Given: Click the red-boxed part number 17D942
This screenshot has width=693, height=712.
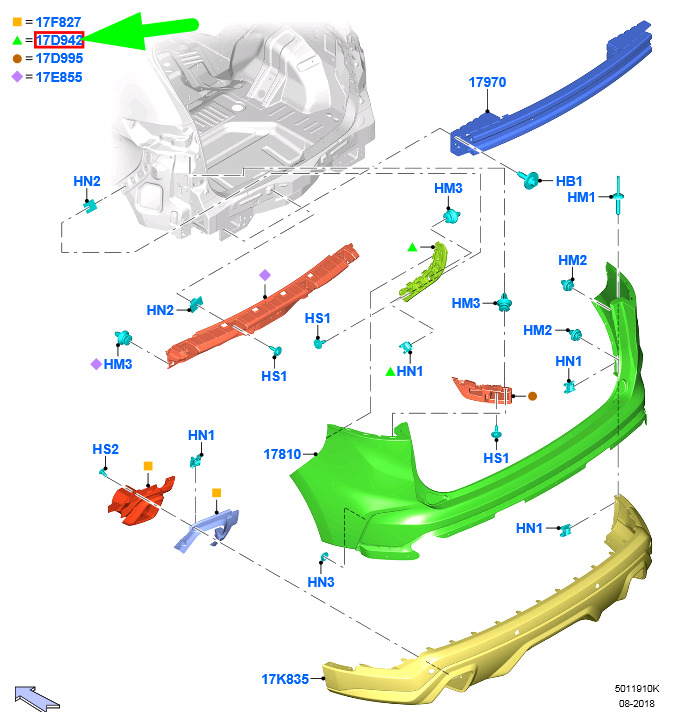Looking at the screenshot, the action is pyautogui.click(x=59, y=40).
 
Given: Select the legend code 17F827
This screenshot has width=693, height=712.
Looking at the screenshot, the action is pyautogui.click(x=58, y=22).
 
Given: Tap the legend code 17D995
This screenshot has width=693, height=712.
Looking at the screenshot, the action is pyautogui.click(x=59, y=58).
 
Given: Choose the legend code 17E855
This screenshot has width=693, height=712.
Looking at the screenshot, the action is pyautogui.click(x=59, y=77).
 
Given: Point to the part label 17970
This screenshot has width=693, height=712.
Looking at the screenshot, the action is pyautogui.click(x=487, y=82).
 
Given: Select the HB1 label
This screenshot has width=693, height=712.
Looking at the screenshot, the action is pyautogui.click(x=569, y=181).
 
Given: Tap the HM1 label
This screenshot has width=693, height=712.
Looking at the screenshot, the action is pyautogui.click(x=581, y=197).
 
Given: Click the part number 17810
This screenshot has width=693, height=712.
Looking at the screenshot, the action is pyautogui.click(x=282, y=454).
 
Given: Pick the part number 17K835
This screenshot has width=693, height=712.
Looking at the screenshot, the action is pyautogui.click(x=285, y=679).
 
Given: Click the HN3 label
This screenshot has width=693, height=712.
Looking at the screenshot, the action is pyautogui.click(x=321, y=582).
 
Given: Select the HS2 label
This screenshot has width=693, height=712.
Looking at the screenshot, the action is pyautogui.click(x=105, y=449).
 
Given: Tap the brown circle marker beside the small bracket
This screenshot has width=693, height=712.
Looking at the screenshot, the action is pyautogui.click(x=532, y=396).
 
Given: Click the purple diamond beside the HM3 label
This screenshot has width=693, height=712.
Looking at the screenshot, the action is pyautogui.click(x=96, y=364).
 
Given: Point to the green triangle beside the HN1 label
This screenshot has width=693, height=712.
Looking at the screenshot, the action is pyautogui.click(x=390, y=372).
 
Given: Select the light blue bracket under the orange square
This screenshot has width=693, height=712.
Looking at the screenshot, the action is pyautogui.click(x=208, y=530).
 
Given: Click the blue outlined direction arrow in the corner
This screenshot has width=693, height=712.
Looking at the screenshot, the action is pyautogui.click(x=36, y=698).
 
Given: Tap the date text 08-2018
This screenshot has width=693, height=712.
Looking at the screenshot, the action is pyautogui.click(x=637, y=703).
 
